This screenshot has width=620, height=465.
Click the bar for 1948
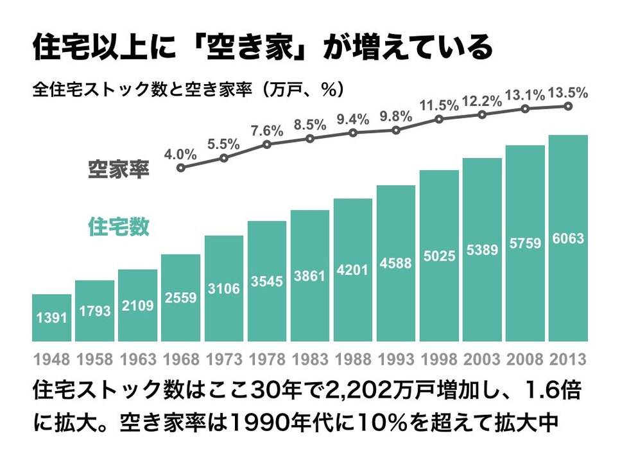51,318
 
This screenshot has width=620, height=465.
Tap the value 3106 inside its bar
224,289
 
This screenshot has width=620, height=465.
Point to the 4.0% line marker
181,168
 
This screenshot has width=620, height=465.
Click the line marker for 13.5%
568,106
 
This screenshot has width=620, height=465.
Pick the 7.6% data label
267,130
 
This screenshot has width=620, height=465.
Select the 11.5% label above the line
439,105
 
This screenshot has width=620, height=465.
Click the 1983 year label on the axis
310,358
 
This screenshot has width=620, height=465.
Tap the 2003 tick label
482,358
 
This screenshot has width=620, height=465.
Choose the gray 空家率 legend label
118,170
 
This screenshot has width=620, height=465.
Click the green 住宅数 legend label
118,227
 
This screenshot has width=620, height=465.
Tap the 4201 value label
353,270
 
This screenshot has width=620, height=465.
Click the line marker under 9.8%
396,130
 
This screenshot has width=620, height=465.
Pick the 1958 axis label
94,358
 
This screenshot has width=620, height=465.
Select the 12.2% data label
482,101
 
